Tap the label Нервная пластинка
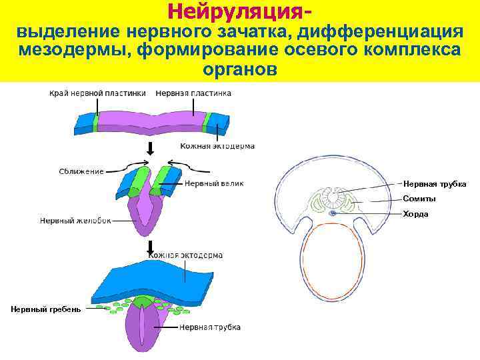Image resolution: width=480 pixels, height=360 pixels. (x=193, y=93)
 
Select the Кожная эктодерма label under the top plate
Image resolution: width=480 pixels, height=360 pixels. (x=217, y=146)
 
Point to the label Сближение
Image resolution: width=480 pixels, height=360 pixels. (x=81, y=171)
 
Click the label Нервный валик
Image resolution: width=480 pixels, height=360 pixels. (x=214, y=183)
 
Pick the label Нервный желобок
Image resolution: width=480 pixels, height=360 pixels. (x=75, y=220)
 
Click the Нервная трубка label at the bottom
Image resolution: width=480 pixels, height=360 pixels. (x=210, y=327)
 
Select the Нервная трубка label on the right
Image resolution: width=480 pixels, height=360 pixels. (x=435, y=184)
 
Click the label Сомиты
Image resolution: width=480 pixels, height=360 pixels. (x=419, y=199)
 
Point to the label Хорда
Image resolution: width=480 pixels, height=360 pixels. (x=415, y=214)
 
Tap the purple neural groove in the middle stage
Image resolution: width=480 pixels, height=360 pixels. (x=145, y=213)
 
